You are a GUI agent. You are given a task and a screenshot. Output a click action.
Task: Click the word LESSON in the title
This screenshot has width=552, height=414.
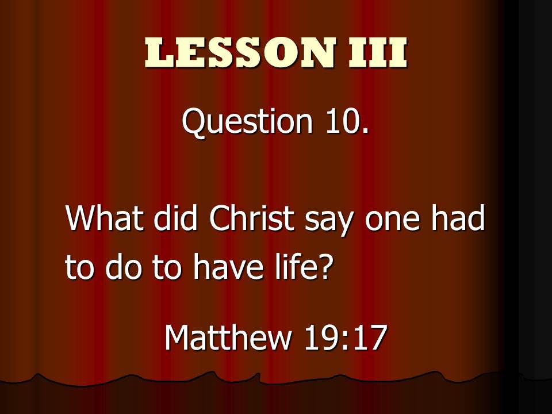pos(240,52)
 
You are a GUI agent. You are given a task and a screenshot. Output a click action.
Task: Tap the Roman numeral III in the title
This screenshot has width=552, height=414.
pos(378,52)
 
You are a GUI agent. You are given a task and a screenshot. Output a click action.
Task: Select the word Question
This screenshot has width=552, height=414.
pos(247,122)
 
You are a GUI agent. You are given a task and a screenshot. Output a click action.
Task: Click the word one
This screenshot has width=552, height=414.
pos(393,221)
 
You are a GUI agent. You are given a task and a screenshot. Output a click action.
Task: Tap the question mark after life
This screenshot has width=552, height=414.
pos(323,267)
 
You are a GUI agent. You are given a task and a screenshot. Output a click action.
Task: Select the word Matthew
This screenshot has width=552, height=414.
pos(228,337)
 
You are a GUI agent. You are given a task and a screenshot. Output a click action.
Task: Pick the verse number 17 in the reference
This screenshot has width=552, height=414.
pos(369,338)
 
